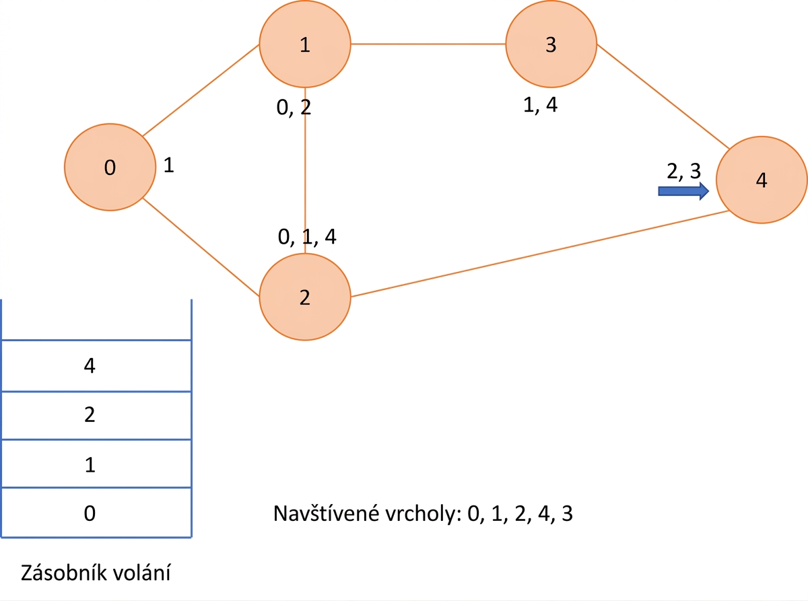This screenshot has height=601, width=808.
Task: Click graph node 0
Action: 110,167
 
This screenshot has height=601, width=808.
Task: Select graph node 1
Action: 305,44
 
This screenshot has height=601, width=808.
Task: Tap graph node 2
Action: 305,297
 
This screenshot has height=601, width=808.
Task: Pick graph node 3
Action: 551,44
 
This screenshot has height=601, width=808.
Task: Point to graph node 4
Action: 762,180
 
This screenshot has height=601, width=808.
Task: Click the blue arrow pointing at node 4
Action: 683,191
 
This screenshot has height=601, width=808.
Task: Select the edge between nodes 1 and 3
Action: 428,44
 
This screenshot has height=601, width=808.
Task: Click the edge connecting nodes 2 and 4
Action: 540,254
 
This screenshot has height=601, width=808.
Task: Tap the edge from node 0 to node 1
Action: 201,90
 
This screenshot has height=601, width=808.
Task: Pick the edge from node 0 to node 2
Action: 201,247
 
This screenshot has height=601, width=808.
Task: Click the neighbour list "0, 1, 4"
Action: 307,237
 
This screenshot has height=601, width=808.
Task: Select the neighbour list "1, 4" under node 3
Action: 540,105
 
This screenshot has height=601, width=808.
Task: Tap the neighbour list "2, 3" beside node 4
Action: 683,170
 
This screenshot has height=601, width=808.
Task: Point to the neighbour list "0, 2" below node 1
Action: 294,108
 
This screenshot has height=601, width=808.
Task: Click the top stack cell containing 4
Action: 96,366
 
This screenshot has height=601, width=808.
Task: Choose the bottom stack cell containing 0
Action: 96,512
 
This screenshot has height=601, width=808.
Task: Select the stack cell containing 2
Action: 96,416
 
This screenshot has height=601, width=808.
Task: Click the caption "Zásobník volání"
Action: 96,573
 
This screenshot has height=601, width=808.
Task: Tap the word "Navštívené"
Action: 326,513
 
